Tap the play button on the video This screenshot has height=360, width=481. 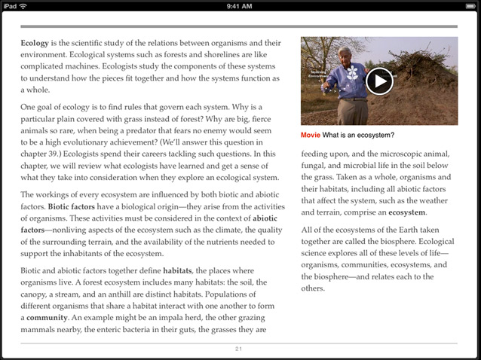379,81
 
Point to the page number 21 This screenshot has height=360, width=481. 239,349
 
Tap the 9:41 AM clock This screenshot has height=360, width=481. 240,6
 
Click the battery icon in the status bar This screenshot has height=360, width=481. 468,6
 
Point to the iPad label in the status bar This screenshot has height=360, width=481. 9,6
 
